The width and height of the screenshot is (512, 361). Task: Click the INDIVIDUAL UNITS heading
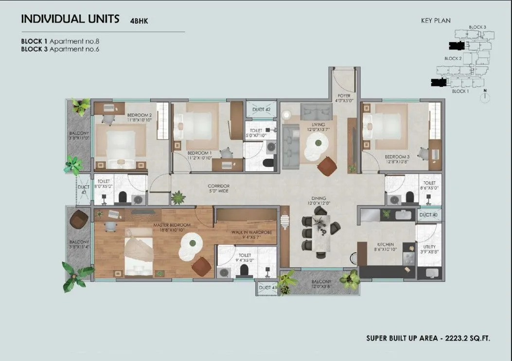pos(70,19)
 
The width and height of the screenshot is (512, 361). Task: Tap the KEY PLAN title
pos(436,20)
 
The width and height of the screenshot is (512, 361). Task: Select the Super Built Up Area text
pos(428,338)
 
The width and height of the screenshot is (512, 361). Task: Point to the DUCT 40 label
pos(429,214)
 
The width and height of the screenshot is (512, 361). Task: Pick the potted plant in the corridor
pos(178,197)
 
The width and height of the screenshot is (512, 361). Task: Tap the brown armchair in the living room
pos(327,166)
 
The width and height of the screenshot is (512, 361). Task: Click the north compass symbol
pos(484,97)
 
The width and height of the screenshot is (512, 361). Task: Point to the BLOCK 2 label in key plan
pos(453,58)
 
